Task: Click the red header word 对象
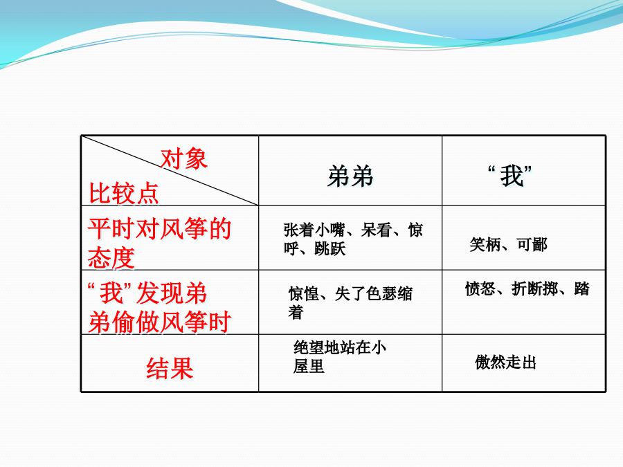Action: click(x=183, y=159)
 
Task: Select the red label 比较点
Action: click(x=124, y=194)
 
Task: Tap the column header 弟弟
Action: click(x=350, y=176)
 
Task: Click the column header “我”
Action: click(x=509, y=176)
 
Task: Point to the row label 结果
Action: click(x=170, y=368)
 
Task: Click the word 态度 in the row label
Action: click(x=111, y=258)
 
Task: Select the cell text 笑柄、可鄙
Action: click(x=509, y=245)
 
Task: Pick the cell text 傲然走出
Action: click(x=505, y=362)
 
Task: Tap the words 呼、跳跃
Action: click(x=315, y=248)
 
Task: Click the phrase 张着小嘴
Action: click(x=314, y=230)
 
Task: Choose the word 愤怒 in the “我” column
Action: click(x=480, y=289)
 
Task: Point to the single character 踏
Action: click(x=581, y=289)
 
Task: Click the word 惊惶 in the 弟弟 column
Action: click(x=304, y=294)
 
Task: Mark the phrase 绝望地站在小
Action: click(x=340, y=347)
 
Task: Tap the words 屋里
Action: click(x=309, y=366)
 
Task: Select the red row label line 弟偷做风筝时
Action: click(x=160, y=322)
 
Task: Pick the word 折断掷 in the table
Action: click(x=534, y=289)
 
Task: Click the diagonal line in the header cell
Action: click(x=170, y=171)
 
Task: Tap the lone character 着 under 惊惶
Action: click(x=296, y=312)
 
